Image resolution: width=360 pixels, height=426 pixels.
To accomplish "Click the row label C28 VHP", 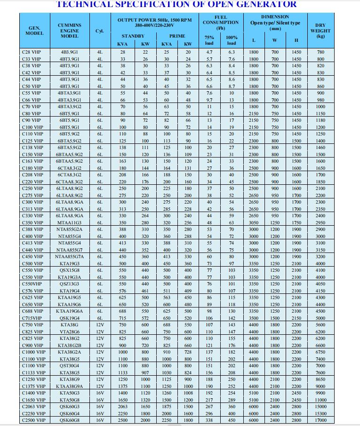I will [x=32, y=52].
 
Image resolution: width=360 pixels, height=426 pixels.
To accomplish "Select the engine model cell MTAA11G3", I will [x=69, y=222].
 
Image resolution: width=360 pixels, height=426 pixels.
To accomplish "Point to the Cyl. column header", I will [x=99, y=31].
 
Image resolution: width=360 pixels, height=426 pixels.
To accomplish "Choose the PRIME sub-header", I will [x=177, y=36].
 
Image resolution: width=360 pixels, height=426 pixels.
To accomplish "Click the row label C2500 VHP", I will [x=33, y=420].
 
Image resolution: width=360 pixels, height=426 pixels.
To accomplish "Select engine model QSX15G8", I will [x=69, y=270].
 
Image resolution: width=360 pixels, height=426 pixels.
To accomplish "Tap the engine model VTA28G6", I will [x=69, y=331].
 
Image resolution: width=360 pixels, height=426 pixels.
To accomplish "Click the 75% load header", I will [x=209, y=40].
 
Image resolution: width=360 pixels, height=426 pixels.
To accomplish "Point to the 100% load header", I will [x=232, y=40].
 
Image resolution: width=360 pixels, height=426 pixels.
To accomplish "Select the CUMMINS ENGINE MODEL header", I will [x=69, y=31].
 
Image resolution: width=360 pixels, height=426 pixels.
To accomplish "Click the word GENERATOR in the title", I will [x=267, y=4].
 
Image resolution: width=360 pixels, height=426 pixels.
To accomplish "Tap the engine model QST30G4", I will [x=69, y=365].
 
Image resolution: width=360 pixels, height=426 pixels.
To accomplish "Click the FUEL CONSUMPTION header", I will [x=220, y=23].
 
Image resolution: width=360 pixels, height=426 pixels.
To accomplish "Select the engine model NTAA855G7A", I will [x=69, y=257].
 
